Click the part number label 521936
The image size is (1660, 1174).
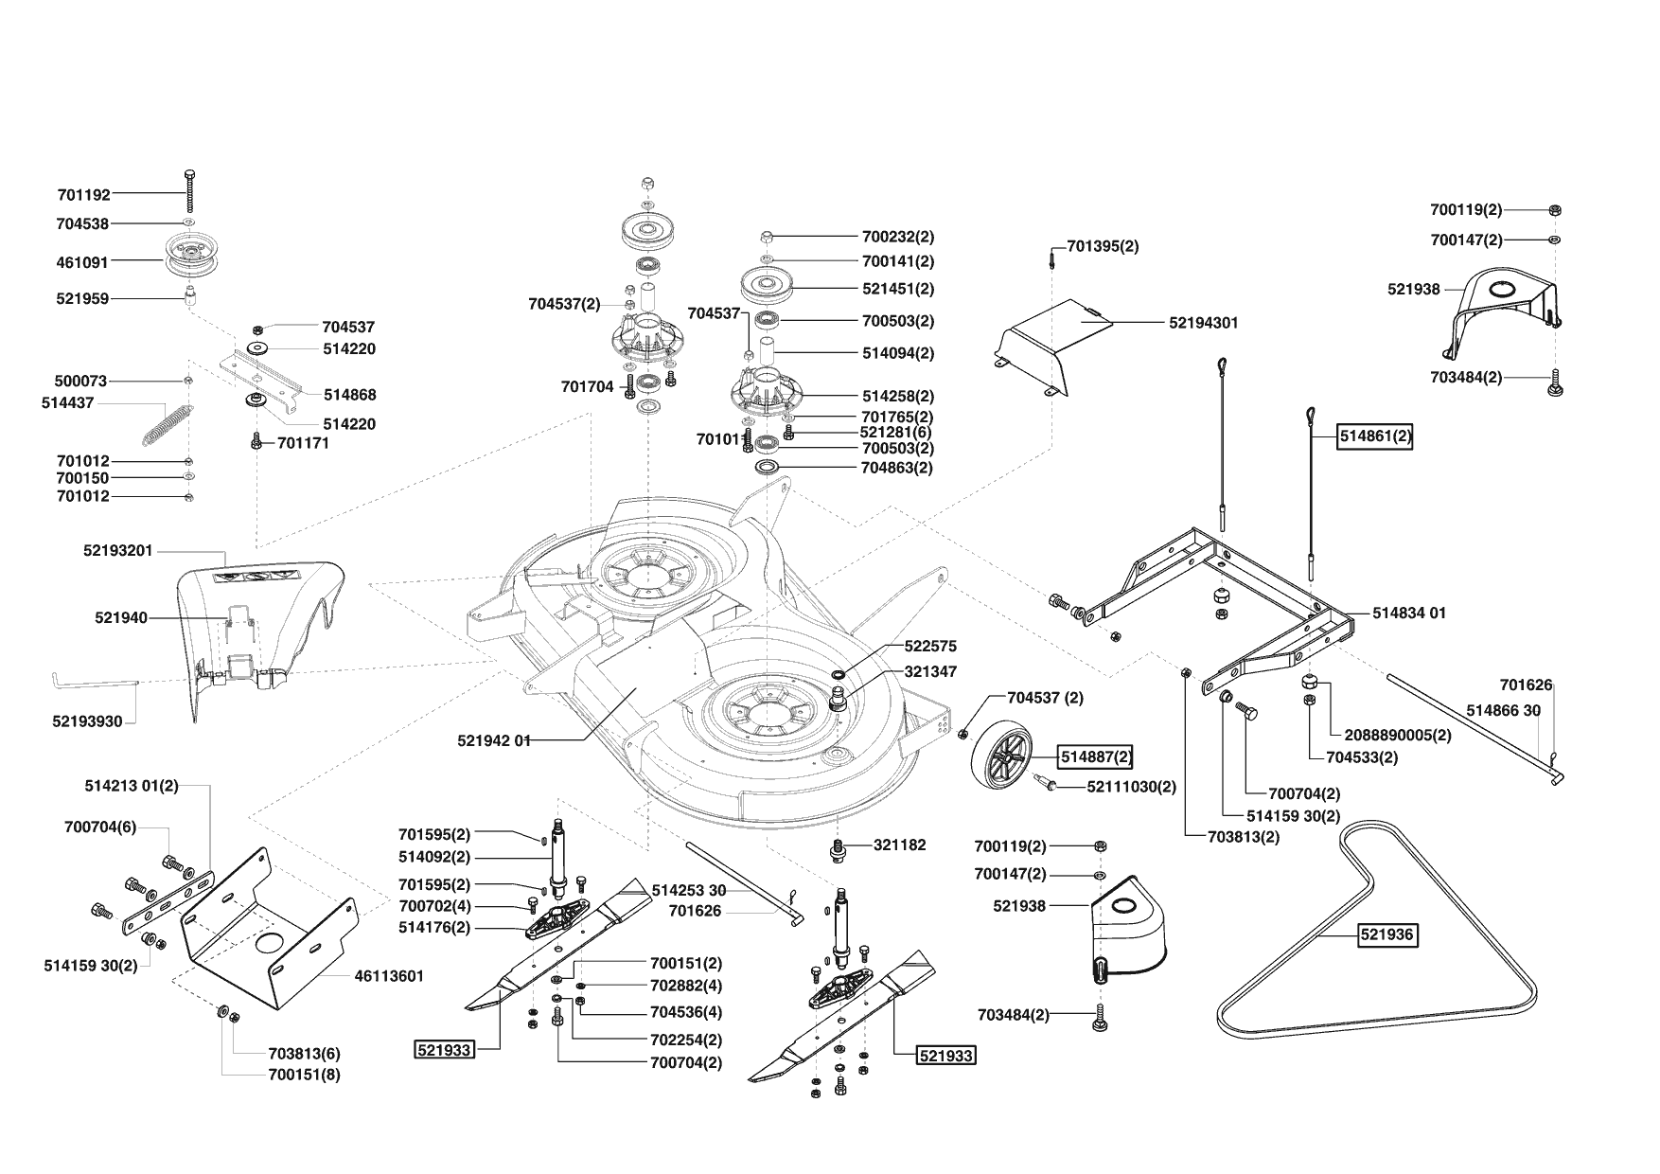[1386, 934]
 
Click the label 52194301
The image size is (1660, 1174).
[1203, 323]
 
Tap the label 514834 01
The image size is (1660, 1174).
[1408, 614]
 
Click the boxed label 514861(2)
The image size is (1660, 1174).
[1374, 437]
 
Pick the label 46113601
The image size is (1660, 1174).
[389, 976]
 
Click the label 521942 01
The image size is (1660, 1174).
[493, 740]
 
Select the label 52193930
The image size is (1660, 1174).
[87, 721]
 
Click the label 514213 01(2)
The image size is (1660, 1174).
[132, 786]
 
